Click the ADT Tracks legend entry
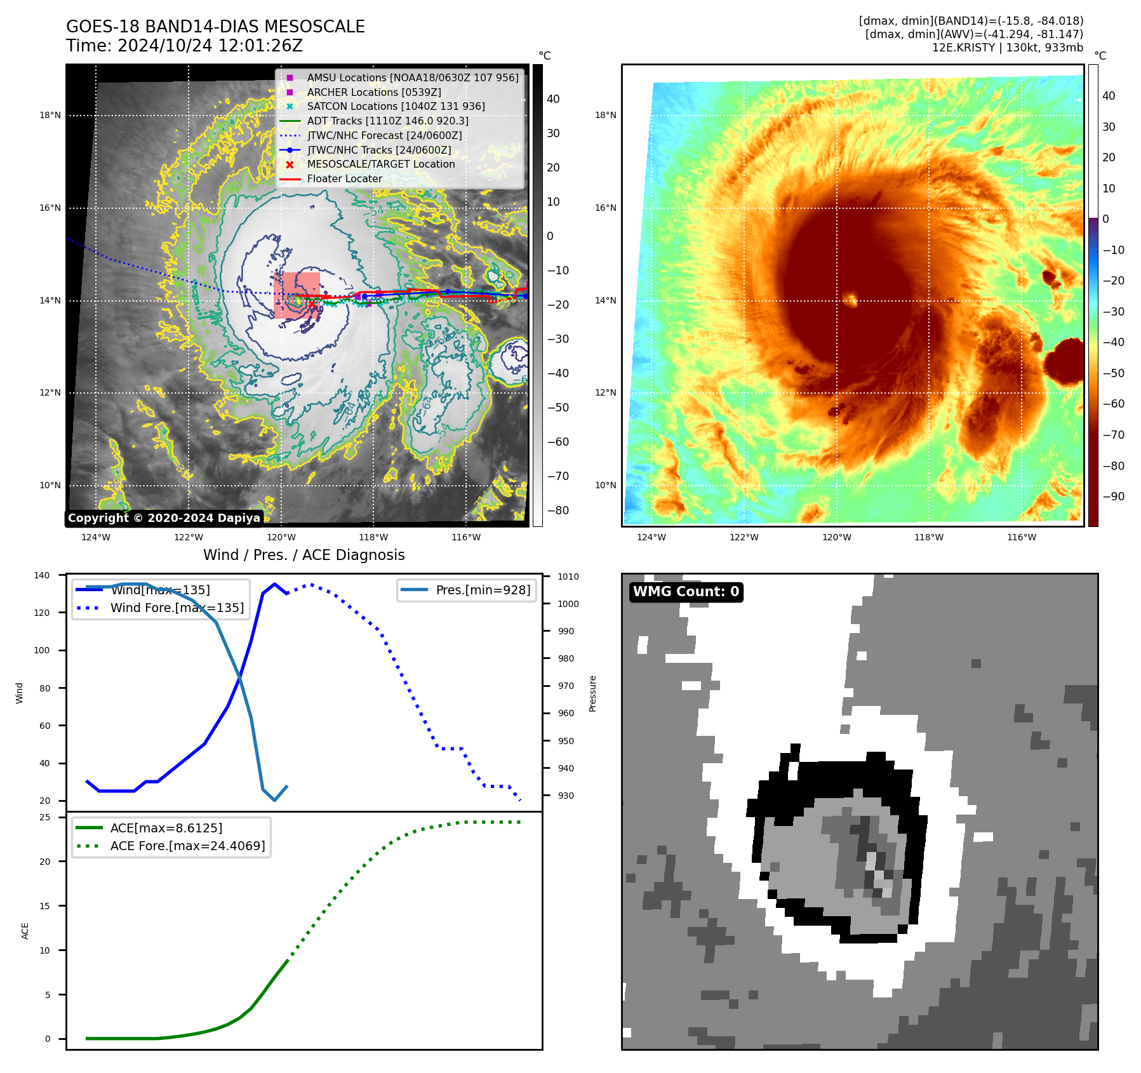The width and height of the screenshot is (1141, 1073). (x=387, y=121)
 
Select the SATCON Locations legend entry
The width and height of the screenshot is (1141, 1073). (x=396, y=106)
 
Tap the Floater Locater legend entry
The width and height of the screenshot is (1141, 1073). (x=344, y=178)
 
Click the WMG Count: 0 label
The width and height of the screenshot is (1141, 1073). (x=686, y=592)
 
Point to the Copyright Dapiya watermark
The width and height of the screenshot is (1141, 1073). (x=164, y=518)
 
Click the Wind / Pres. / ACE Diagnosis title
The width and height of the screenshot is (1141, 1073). (x=304, y=555)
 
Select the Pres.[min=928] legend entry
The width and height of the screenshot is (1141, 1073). (x=483, y=590)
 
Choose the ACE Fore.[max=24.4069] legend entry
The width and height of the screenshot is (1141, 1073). (x=187, y=846)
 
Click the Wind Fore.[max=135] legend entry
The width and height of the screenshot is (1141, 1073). (x=177, y=608)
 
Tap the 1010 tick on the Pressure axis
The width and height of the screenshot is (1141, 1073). (x=568, y=576)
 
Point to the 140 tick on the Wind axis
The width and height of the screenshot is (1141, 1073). (x=42, y=575)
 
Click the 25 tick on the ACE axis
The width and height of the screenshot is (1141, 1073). (x=44, y=817)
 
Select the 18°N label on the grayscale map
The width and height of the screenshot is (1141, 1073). (x=50, y=116)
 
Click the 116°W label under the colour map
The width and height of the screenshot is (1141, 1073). (x=1021, y=537)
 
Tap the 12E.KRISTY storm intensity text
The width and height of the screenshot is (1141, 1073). (x=1007, y=48)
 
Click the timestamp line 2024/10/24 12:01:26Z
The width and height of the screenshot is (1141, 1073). (x=184, y=46)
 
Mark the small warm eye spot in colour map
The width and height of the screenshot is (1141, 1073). (x=850, y=298)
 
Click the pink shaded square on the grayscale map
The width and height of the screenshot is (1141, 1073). (x=297, y=295)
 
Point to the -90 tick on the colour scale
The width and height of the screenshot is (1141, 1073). (x=1113, y=497)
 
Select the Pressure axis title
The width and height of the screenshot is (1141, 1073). (x=592, y=693)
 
